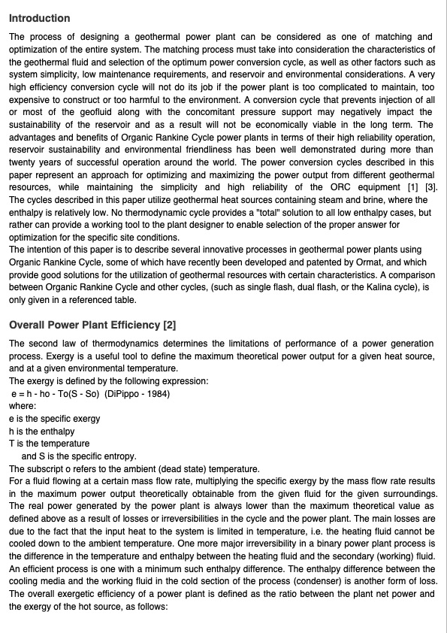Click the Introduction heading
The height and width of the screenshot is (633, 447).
coord(39,18)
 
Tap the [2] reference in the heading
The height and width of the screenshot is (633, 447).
coord(169,325)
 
